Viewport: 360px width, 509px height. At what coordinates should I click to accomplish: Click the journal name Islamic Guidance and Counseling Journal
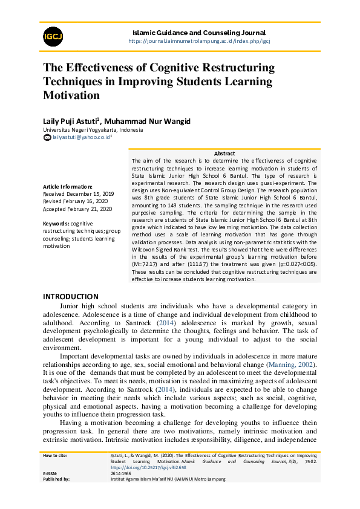coord(198,33)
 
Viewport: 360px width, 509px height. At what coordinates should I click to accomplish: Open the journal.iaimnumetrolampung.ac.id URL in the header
coord(198,41)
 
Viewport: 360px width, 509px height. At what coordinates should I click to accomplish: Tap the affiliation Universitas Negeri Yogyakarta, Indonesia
coord(93,130)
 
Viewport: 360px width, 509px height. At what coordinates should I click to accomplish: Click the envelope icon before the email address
coord(47,138)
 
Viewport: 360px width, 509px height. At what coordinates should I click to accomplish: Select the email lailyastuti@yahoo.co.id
coord(81,138)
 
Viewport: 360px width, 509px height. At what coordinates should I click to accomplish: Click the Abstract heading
coord(224,154)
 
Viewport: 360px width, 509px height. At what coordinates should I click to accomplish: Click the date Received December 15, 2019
coord(78,194)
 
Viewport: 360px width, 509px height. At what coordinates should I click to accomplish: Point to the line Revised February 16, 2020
coord(76,201)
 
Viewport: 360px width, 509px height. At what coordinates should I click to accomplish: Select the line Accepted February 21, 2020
coord(77,209)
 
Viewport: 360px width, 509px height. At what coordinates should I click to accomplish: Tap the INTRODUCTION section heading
coord(70,297)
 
